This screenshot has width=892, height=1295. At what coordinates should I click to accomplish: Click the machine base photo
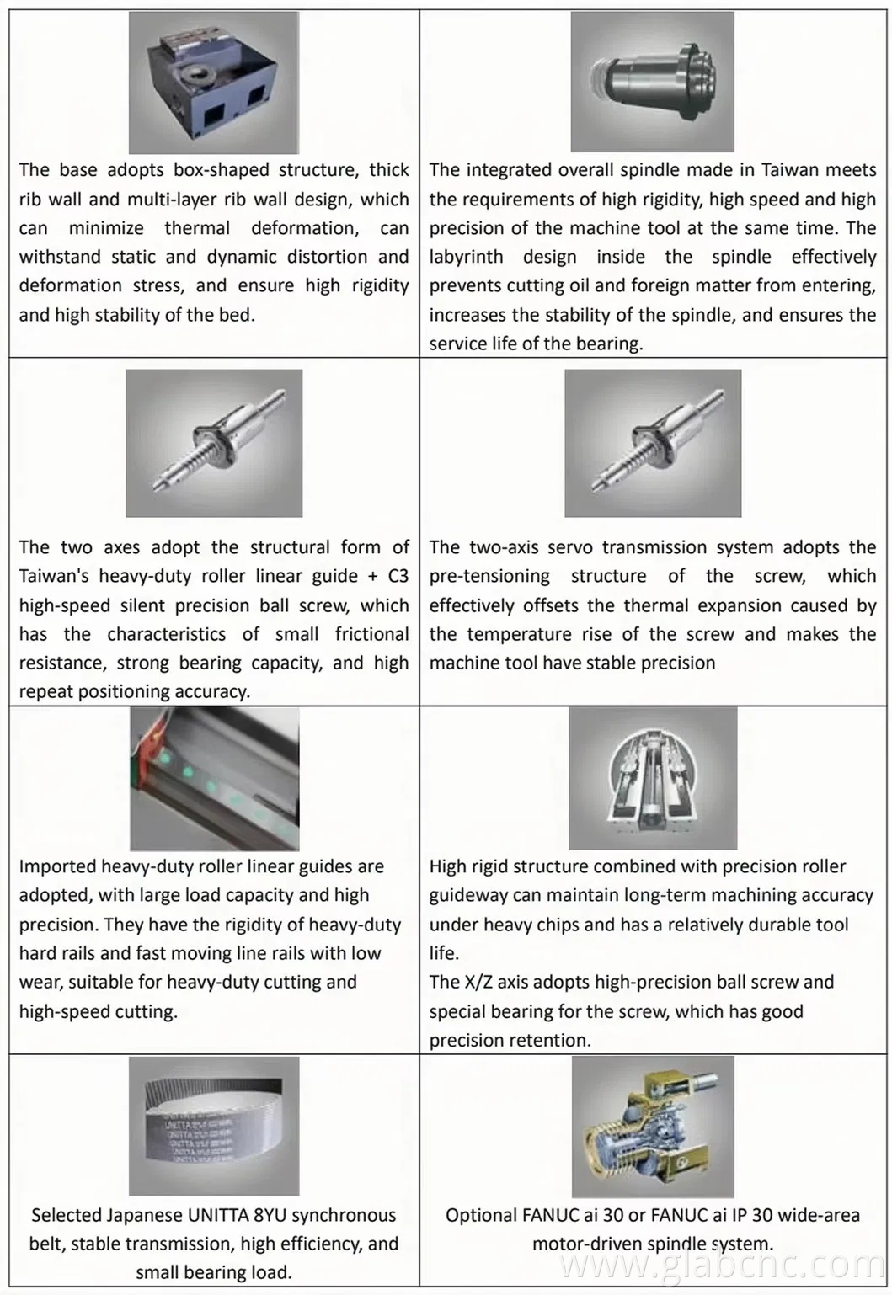(x=214, y=83)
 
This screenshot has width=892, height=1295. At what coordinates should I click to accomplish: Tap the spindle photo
(x=652, y=83)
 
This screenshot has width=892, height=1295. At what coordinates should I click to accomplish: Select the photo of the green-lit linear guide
(x=214, y=778)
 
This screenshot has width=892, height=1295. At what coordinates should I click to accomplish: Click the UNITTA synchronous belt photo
(x=214, y=1126)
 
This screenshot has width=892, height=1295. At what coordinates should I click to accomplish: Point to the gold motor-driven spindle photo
(x=652, y=1126)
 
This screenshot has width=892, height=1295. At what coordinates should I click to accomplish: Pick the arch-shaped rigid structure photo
(x=652, y=778)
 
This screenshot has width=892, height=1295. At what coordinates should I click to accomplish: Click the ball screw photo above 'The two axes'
(x=214, y=443)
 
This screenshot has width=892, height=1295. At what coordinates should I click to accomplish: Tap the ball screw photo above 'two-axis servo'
(x=652, y=443)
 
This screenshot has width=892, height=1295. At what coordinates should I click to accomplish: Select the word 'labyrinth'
(x=466, y=257)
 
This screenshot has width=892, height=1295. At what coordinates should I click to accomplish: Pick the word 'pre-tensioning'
(x=489, y=577)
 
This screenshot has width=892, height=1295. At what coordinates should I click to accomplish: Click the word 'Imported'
(x=57, y=866)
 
